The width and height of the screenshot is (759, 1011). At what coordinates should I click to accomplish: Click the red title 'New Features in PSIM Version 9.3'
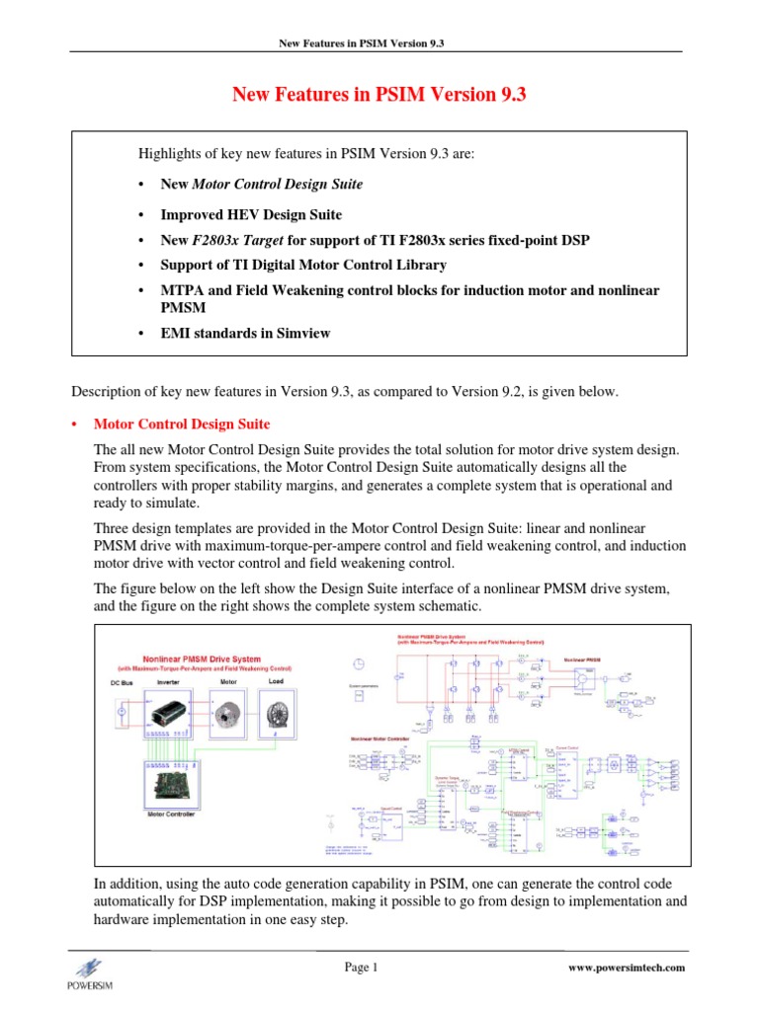[379, 95]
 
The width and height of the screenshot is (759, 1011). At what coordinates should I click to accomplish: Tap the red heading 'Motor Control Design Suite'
[181, 425]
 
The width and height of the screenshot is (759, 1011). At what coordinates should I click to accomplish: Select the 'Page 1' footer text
[362, 968]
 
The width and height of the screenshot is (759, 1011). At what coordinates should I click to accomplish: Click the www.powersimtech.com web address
[628, 969]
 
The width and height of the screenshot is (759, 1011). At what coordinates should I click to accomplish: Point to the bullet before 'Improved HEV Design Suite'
[144, 214]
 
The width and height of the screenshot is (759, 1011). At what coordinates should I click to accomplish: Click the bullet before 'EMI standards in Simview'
[144, 333]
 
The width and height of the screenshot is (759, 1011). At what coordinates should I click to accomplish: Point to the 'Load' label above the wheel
[276, 681]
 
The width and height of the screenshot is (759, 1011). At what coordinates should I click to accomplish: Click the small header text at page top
[379, 43]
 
